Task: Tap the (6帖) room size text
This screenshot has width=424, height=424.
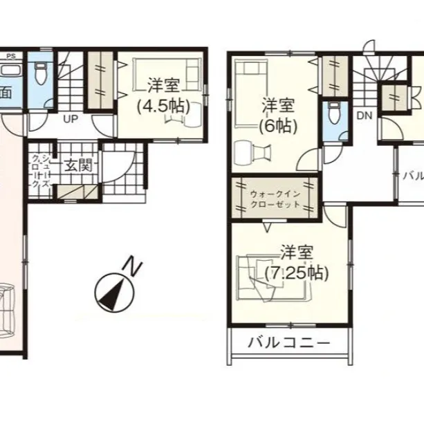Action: pos(278,126)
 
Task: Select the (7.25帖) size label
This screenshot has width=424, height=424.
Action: pos(297,272)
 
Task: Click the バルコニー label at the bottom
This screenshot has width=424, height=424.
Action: pos(287,342)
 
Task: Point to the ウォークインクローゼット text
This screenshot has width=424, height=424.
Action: pos(275,200)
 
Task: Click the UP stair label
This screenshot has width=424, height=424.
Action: pos(71,119)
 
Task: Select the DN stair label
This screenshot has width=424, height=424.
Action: pos(365,116)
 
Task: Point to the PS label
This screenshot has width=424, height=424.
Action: pos(10,55)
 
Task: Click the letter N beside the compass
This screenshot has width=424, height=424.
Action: pos(133,264)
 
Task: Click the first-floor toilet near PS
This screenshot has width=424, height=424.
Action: pos(42,73)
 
